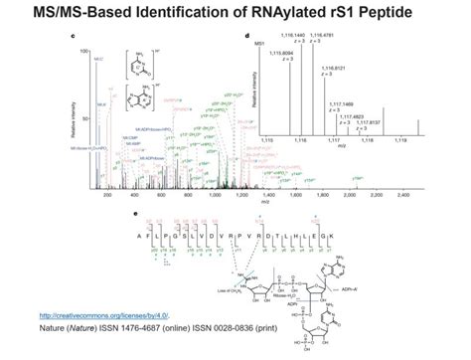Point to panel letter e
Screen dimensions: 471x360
pyautogui.click(x=136, y=214)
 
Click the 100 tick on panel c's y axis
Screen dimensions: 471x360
pyautogui.click(x=85, y=50)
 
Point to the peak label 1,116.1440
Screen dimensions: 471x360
pyautogui.click(x=294, y=37)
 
